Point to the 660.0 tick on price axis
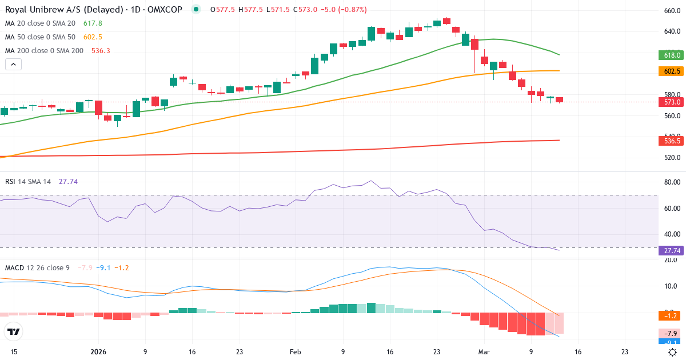pyautogui.click(x=672, y=11)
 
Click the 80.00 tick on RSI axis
pyautogui.click(x=672, y=182)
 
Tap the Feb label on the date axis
pyautogui.click(x=295, y=352)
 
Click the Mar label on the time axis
pyautogui.click(x=484, y=352)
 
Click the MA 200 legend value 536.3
pyautogui.click(x=101, y=51)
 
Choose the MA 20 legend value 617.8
pyautogui.click(x=93, y=23)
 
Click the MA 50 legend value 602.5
pyautogui.click(x=93, y=37)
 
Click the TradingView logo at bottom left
pyautogui.click(x=14, y=331)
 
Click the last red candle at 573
pyautogui.click(x=559, y=100)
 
